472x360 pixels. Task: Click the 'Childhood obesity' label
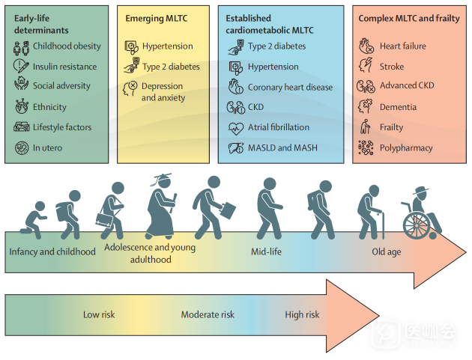point(67,46)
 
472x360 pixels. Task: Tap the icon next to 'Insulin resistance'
point(21,66)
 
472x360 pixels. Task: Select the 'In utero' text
point(47,147)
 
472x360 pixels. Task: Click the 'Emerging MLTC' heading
point(157,19)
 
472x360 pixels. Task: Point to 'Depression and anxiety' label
point(163,92)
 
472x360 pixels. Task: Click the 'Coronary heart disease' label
point(290,88)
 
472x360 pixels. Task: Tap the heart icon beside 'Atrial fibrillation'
point(236,128)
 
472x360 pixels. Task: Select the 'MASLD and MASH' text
point(282,147)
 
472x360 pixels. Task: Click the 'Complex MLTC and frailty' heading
point(409,19)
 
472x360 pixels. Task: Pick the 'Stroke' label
point(392,67)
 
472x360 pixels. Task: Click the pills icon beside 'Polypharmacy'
point(366,147)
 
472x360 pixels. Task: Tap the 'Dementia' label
point(398,107)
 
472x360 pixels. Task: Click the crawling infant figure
point(34,220)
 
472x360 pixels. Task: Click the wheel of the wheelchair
point(417,225)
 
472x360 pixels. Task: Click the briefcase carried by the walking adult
point(228,210)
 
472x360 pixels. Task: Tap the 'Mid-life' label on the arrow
point(267,251)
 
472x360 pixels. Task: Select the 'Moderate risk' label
point(208,314)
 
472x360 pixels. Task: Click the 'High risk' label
point(302,314)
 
